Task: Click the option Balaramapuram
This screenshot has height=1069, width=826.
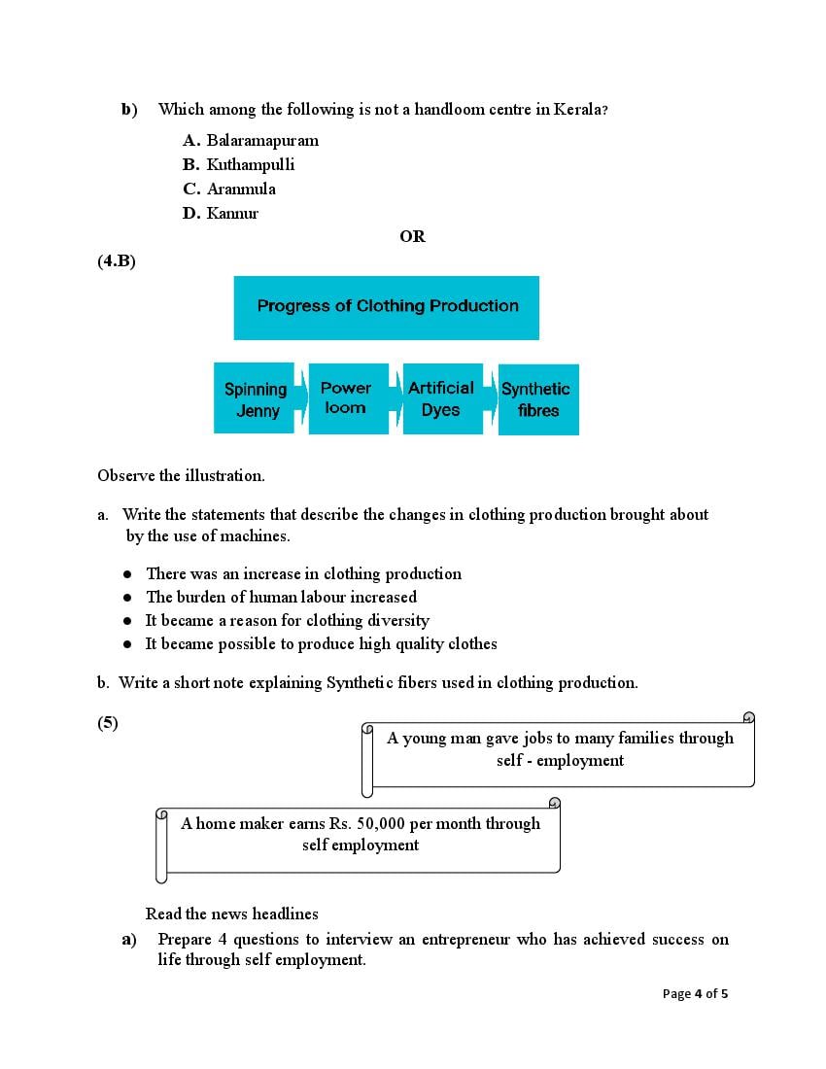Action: pyautogui.click(x=261, y=140)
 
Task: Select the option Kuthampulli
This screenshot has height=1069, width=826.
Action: pyautogui.click(x=250, y=164)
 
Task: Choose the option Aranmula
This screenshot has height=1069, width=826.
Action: pyautogui.click(x=240, y=189)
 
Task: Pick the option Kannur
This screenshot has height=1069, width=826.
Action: pyautogui.click(x=232, y=213)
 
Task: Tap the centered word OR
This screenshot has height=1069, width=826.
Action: pyautogui.click(x=412, y=236)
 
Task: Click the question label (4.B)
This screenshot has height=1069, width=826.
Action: pyautogui.click(x=116, y=260)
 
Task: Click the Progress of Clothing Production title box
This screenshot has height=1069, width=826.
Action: pyautogui.click(x=387, y=307)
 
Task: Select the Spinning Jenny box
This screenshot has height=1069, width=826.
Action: pyautogui.click(x=255, y=398)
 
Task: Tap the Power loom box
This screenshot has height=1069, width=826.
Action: pyautogui.click(x=346, y=397)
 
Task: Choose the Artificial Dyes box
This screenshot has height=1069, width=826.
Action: pyautogui.click(x=441, y=398)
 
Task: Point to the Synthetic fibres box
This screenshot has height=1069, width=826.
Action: pyautogui.click(x=537, y=399)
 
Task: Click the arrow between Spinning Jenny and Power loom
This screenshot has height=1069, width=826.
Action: pyautogui.click(x=300, y=398)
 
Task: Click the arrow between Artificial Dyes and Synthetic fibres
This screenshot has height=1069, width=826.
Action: pyautogui.click(x=491, y=398)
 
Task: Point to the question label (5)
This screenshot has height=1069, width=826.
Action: pyautogui.click(x=108, y=722)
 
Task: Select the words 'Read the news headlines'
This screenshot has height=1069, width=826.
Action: pyautogui.click(x=231, y=914)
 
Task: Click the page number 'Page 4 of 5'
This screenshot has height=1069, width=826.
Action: pyautogui.click(x=695, y=993)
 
